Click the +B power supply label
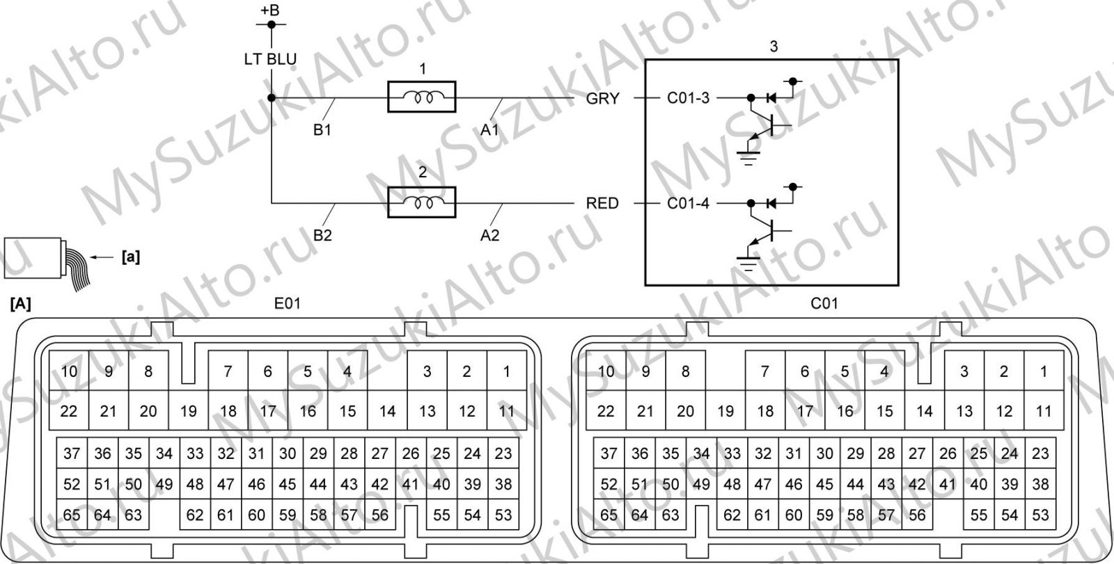[x=270, y=10]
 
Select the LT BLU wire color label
[x=270, y=59]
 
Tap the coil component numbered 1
[x=422, y=97]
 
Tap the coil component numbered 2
[x=422, y=202]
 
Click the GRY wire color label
[x=603, y=98]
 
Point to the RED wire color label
[x=602, y=203]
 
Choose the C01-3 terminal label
[x=689, y=98]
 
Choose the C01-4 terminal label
[x=689, y=203]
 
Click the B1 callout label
[x=322, y=129]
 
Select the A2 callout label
[x=489, y=235]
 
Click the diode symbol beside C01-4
[x=771, y=203]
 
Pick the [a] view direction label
[x=131, y=257]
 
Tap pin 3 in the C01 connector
[x=964, y=371]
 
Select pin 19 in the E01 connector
[x=188, y=411]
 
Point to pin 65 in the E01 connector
[x=72, y=515]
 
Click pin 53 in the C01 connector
[x=1040, y=515]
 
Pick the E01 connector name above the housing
[x=288, y=303]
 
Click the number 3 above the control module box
[x=774, y=46]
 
